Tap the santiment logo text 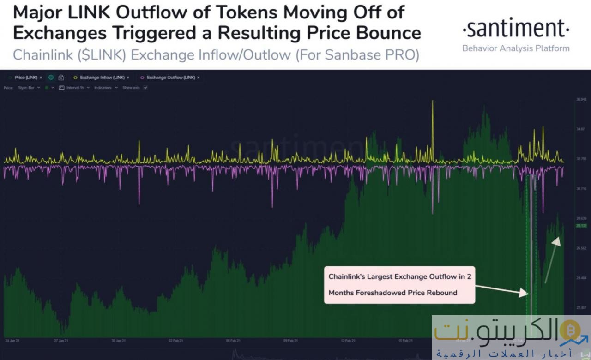(516, 29)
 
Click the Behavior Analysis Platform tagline (516, 48)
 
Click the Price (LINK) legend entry (26, 78)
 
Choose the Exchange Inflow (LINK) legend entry (101, 78)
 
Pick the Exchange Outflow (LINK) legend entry (170, 78)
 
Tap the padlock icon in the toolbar (61, 78)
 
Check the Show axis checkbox (145, 87)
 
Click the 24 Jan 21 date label (12, 341)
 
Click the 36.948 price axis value (581, 99)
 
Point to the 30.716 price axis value (581, 188)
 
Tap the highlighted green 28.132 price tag (581, 226)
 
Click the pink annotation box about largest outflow (399, 285)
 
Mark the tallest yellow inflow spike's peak (433, 101)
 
